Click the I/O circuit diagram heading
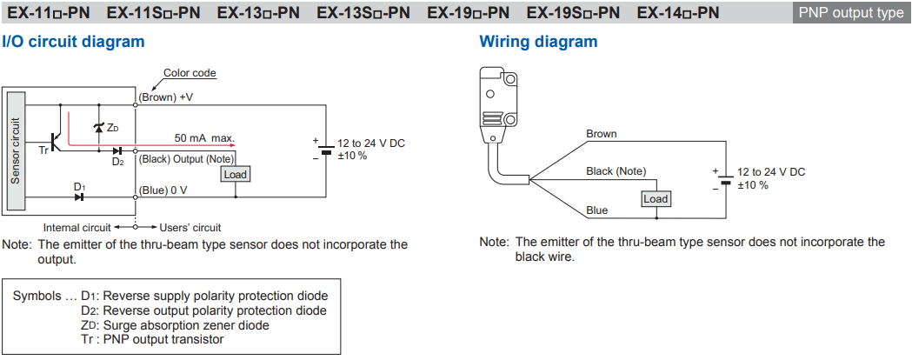(x=73, y=41)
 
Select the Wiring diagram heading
(x=538, y=41)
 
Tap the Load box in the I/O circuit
(x=235, y=174)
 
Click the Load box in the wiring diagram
(x=656, y=199)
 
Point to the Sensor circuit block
(x=15, y=150)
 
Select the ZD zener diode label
(x=112, y=128)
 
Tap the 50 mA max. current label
(x=204, y=137)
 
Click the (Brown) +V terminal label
(x=165, y=97)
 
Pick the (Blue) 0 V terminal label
(x=163, y=190)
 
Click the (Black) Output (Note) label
(x=185, y=159)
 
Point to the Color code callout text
(x=190, y=73)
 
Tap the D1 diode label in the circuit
(x=79, y=186)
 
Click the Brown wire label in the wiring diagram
(x=601, y=134)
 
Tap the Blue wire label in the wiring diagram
(x=596, y=210)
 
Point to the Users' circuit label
(x=191, y=228)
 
